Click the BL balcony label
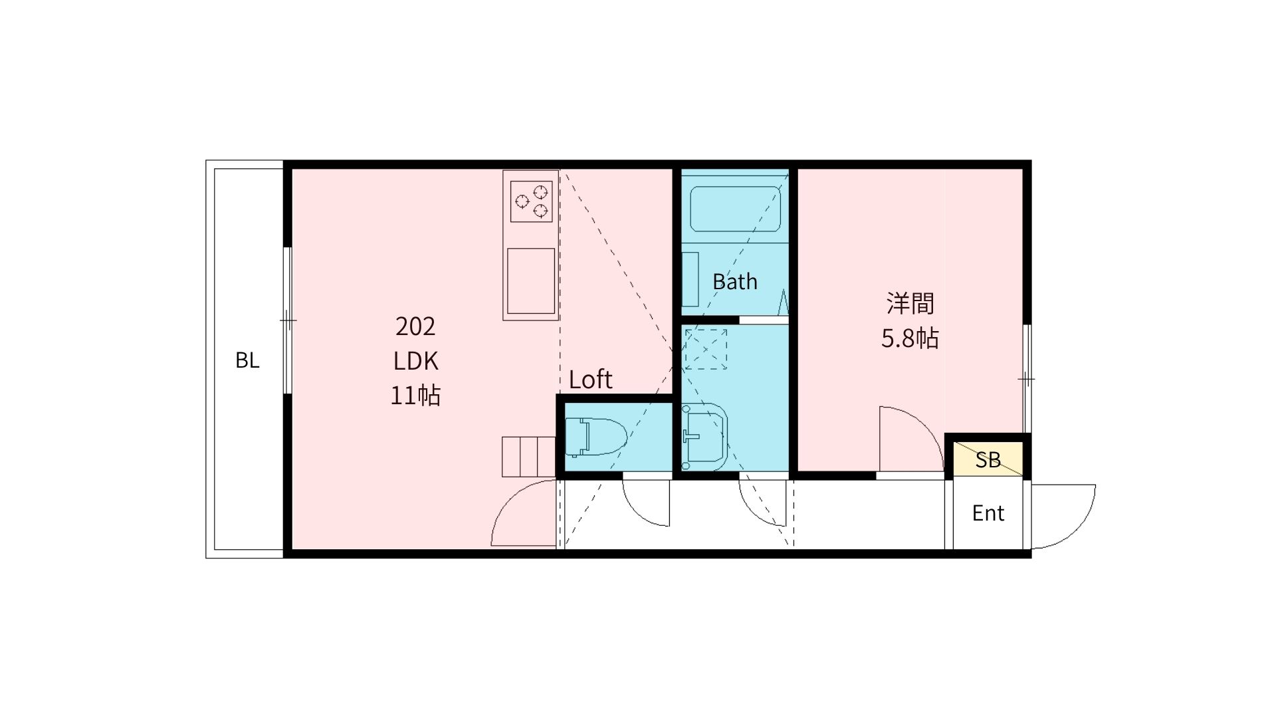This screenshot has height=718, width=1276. click(x=247, y=360)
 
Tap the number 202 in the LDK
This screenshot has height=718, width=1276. click(x=415, y=326)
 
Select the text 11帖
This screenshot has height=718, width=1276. click(x=415, y=396)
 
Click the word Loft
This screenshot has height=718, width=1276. click(x=591, y=380)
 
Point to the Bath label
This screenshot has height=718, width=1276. click(x=735, y=282)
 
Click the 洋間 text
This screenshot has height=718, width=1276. click(x=910, y=303)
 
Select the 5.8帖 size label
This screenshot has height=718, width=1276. click(x=910, y=338)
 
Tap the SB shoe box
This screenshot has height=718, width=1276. click(x=988, y=459)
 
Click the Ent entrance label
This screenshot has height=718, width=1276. click(x=988, y=513)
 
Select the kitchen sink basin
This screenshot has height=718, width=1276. click(x=531, y=281)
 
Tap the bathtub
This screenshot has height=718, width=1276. click(x=735, y=209)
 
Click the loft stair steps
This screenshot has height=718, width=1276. click(x=528, y=457)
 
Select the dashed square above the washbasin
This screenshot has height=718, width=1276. click(x=706, y=349)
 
